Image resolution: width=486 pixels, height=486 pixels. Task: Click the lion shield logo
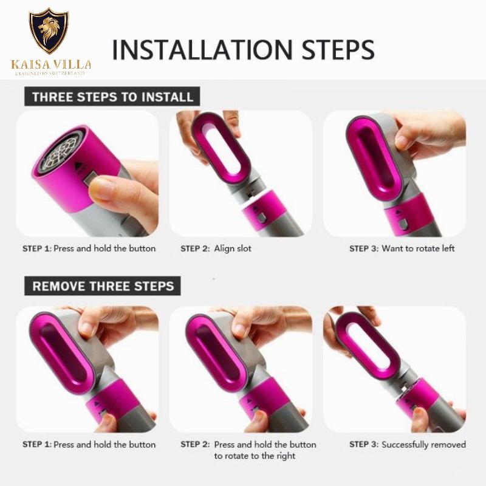pos(49,31)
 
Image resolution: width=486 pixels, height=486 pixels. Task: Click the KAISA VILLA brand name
pos(51,64)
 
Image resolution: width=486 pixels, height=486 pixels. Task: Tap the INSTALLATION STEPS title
pos(243,50)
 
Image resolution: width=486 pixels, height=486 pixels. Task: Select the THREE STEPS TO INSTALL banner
pos(112,97)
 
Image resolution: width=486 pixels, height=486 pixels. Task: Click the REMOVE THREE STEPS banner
pos(103,286)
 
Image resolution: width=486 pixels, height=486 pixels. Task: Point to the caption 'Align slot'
pos(233,248)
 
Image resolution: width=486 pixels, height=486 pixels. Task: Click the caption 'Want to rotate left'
pos(418,248)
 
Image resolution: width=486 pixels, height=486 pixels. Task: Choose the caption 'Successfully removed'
pos(423,445)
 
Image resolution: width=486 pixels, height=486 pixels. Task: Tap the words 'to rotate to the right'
pos(255,456)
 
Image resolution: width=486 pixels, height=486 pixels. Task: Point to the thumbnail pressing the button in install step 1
pos(101,188)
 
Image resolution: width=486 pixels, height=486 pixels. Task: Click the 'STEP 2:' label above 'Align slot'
pos(195,248)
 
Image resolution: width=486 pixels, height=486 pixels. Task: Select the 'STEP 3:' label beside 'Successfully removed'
pos(364,445)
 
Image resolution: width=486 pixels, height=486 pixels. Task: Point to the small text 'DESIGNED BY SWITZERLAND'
pos(50,74)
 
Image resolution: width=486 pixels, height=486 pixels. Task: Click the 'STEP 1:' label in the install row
pos(37,248)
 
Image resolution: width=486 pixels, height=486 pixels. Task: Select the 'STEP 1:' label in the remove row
pos(37,445)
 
